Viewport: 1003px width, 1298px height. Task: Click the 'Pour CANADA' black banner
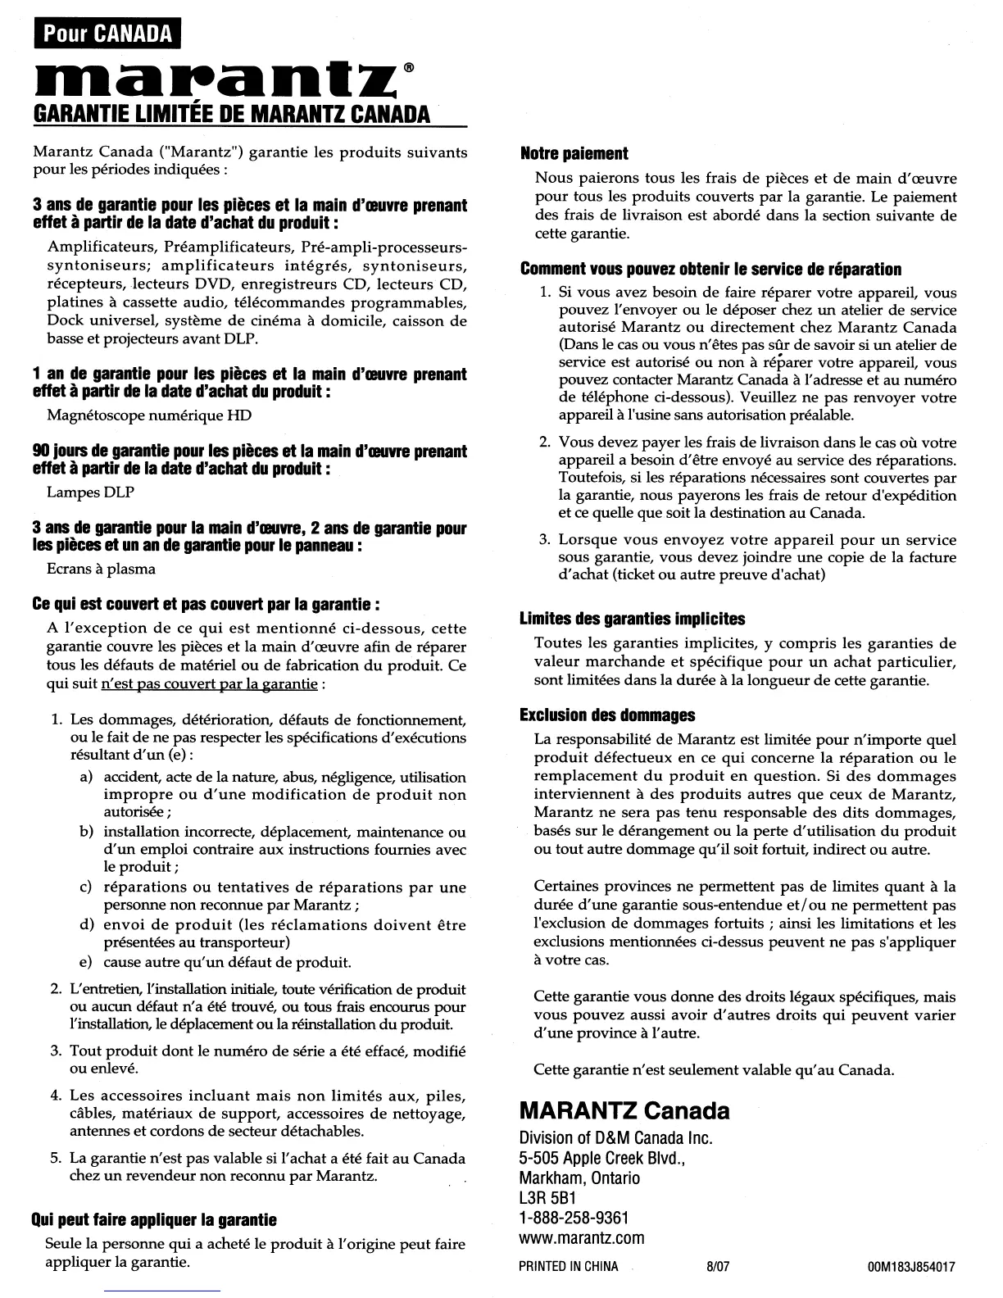[107, 34]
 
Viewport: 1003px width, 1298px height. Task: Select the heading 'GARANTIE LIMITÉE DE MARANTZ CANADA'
[231, 113]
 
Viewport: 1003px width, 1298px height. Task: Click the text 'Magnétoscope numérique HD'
[149, 415]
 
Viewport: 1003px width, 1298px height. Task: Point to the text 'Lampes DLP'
[90, 492]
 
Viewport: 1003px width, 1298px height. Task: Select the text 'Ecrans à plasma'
[102, 569]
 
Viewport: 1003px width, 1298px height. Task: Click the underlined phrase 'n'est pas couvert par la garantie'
[208, 683]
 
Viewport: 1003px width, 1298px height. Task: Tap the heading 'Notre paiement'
[574, 153]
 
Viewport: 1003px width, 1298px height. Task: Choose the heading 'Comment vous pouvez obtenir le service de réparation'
[710, 270]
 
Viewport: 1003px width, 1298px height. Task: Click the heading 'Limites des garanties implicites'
[633, 619]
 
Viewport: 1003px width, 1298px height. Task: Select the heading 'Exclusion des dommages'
[607, 715]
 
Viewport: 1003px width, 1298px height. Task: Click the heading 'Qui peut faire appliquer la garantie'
[154, 1220]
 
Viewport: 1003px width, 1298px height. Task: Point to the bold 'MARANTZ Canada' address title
[624, 1111]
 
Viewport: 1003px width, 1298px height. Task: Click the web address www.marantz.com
[582, 1237]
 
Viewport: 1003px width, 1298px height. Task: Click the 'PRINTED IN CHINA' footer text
[569, 1266]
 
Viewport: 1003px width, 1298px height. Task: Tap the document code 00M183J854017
[910, 1266]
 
